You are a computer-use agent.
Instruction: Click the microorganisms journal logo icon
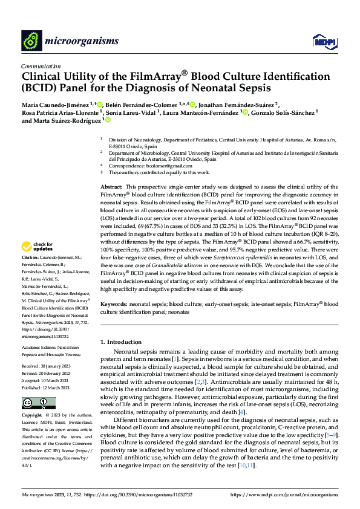pyautogui.click(x=32, y=40)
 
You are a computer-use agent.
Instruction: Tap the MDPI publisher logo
pyautogui.click(x=322, y=41)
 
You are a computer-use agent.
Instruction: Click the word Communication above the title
pyautogui.click(x=41, y=66)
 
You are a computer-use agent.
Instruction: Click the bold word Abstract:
pyautogui.click(x=111, y=188)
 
